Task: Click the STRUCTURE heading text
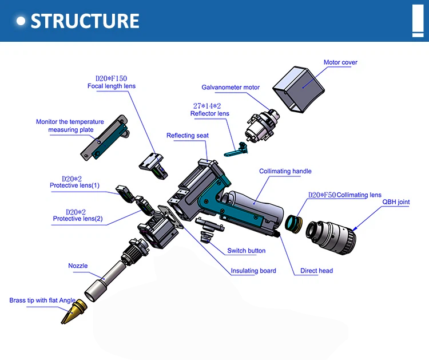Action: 85,21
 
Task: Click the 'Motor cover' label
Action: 340,62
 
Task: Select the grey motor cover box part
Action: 298,89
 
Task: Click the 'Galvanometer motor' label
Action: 231,88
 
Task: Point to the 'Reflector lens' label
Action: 210,113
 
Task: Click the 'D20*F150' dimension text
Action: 111,78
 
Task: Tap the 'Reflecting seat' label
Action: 188,136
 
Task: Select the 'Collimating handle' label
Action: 285,171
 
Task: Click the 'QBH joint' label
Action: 396,202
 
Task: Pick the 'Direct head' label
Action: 317,271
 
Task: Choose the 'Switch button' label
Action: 247,251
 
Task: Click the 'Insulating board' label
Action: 253,271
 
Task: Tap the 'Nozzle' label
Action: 78,266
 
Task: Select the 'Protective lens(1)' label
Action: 74,185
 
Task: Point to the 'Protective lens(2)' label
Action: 78,219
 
